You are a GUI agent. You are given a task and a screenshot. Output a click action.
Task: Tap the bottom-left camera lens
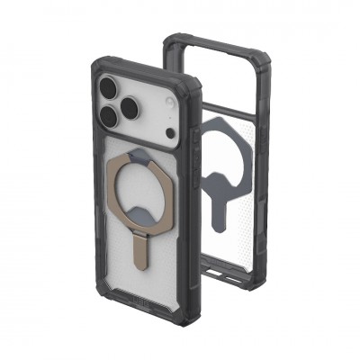click(x=106, y=116)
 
